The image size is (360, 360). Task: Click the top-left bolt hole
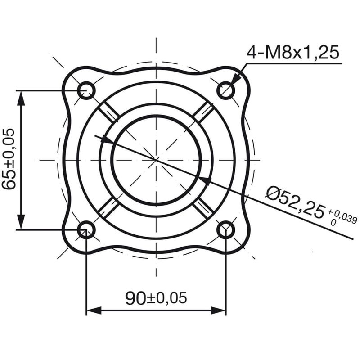pos(86,90)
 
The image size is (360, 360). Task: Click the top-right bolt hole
pos(225,90)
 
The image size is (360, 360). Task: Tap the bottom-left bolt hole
pos(86,230)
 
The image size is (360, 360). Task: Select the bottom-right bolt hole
pos(225,230)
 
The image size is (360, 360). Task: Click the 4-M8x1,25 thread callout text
pos(292,53)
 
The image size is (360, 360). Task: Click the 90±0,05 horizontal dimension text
pos(156,297)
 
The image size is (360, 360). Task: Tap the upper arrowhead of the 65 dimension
pos(21,97)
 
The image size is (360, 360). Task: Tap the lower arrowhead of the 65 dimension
pos(21,223)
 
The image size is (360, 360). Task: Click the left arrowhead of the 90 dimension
pos(92,310)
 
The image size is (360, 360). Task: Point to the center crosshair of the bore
pos(156,160)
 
